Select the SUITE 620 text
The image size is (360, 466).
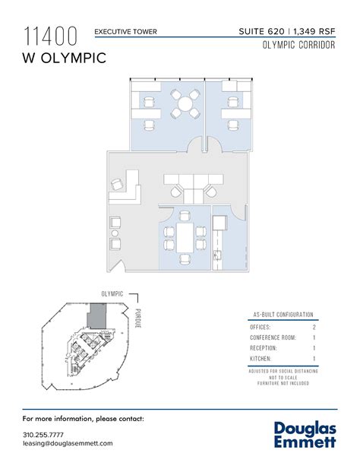(261, 31)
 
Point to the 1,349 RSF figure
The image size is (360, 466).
(314, 31)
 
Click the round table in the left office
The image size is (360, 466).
(183, 104)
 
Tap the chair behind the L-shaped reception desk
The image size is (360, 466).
(117, 184)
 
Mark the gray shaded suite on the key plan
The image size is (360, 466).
(97, 314)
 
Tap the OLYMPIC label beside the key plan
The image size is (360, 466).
(112, 293)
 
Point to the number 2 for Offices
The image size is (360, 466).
(314, 326)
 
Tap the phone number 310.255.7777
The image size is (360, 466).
(43, 434)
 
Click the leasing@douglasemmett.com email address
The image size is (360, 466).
(68, 443)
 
